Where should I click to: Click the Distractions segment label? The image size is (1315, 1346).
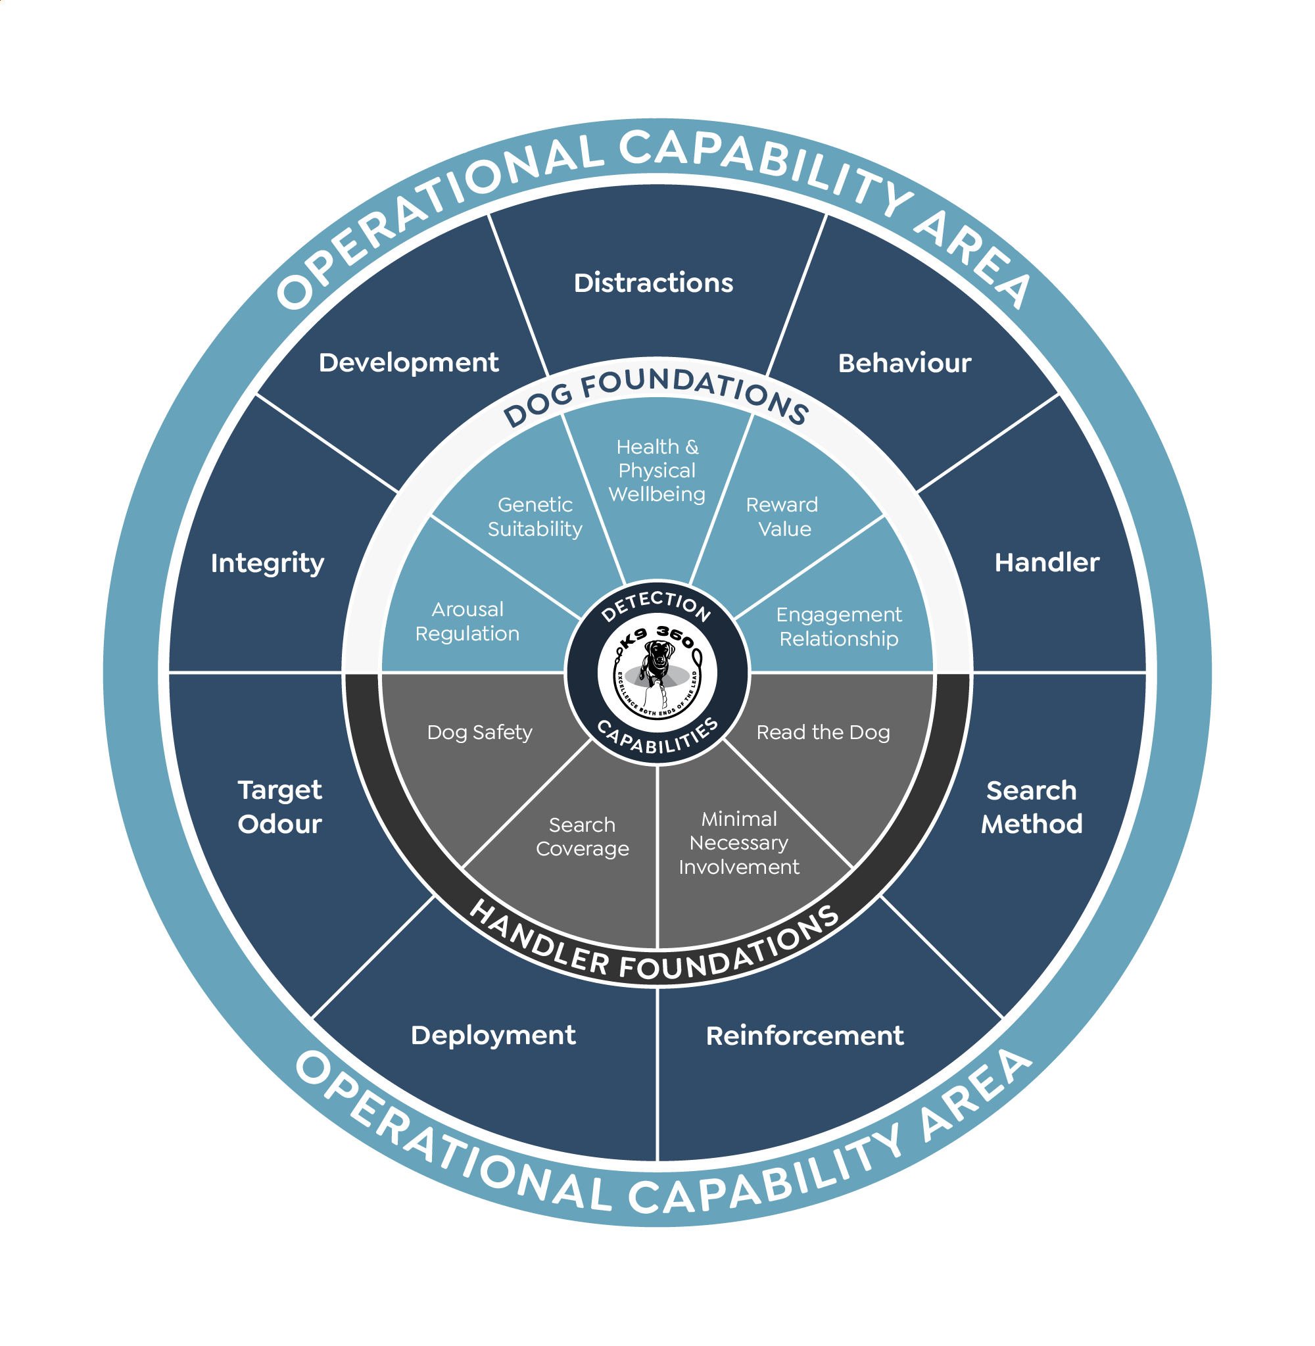[654, 283]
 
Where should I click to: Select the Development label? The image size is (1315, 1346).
[408, 363]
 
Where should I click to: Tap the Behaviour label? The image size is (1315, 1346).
[904, 363]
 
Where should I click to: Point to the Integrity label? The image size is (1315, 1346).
[268, 563]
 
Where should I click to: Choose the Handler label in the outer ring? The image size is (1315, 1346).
[1046, 563]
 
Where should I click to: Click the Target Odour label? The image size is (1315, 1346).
[279, 807]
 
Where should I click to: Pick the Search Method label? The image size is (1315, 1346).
[1031, 807]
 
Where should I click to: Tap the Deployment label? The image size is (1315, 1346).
[493, 1035]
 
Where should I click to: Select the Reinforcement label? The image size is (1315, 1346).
[805, 1036]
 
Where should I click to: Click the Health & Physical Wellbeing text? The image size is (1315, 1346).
[657, 470]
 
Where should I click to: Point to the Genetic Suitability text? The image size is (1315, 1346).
[535, 517]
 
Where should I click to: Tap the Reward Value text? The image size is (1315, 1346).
[782, 517]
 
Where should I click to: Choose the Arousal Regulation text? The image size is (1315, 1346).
[467, 621]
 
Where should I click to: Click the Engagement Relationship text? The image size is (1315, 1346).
[838, 627]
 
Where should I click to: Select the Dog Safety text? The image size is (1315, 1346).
[480, 732]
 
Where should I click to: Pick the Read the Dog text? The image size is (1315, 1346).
[823, 732]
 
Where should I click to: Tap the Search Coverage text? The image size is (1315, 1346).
[583, 836]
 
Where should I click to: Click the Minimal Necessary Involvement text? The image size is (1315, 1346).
[739, 842]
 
